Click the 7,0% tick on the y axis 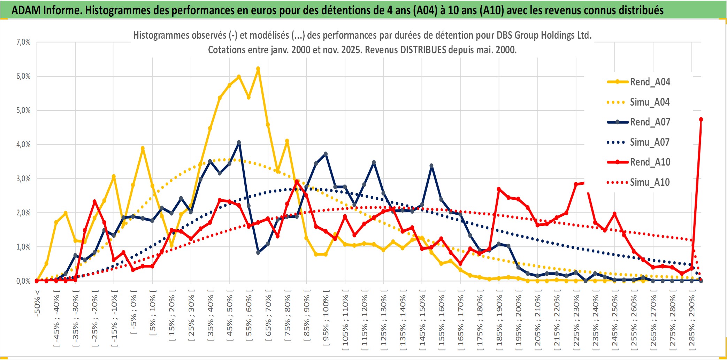click(x=23, y=42)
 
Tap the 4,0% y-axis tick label click(x=23, y=144)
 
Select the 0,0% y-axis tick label click(x=23, y=281)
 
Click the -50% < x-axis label click(x=37, y=303)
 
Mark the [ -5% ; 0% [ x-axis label click(x=133, y=314)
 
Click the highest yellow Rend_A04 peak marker click(x=258, y=69)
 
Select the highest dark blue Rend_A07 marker click(x=239, y=143)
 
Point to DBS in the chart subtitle click(x=505, y=35)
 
